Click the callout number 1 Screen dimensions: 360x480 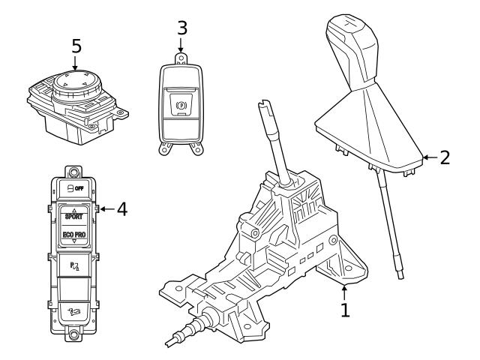345,310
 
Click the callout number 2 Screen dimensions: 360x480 445,158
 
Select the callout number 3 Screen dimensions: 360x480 181,28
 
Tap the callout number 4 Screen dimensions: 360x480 122,208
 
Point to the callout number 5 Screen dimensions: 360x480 76,46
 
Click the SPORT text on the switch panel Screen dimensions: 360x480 74,216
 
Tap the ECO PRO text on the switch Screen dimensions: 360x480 74,235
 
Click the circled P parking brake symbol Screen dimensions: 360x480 180,106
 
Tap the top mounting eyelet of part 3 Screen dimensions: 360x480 181,55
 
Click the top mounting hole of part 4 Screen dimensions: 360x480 74,172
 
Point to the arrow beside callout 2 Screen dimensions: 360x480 429,158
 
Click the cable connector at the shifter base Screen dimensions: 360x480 196,324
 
